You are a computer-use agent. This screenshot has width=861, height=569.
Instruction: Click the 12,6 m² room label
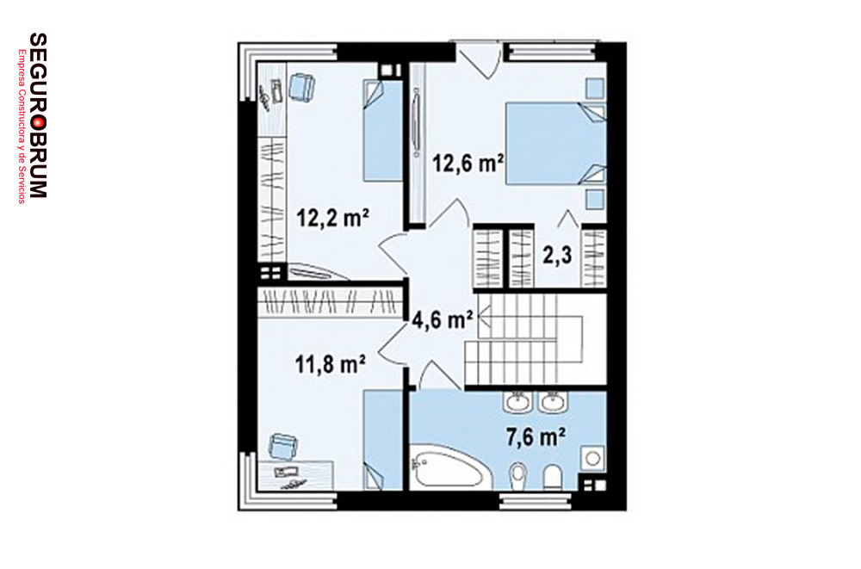tap(468, 163)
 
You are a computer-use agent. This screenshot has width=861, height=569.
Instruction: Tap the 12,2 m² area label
tap(332, 218)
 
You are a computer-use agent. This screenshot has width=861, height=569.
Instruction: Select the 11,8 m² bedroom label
tap(331, 363)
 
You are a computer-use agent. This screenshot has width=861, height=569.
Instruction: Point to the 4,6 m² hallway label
tap(443, 319)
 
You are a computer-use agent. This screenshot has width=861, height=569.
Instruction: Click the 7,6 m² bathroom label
tap(536, 437)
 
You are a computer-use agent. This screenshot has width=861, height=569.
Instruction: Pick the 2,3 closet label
tap(557, 256)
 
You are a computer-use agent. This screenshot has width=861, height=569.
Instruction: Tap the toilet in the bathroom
tap(553, 477)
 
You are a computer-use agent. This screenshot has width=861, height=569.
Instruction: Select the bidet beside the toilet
tap(517, 477)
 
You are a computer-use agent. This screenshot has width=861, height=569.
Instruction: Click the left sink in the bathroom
tap(517, 403)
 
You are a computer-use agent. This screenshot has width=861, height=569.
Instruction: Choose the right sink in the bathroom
tap(552, 403)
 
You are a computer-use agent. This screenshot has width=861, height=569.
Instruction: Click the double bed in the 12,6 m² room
tap(555, 143)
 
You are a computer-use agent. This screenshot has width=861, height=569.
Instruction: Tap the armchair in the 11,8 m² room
tap(282, 445)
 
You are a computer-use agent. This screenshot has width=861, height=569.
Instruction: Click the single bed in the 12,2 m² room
tap(383, 130)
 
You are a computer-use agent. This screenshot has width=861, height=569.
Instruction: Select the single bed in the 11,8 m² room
tap(383, 440)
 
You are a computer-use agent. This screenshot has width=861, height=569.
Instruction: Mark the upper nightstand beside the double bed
tap(595, 89)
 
